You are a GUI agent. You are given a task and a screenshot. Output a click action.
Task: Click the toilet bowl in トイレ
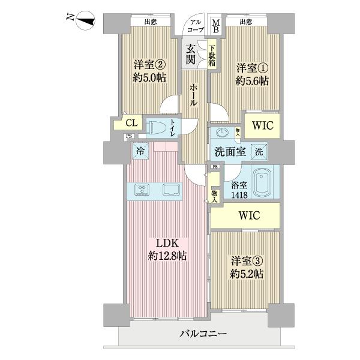(x=157, y=128)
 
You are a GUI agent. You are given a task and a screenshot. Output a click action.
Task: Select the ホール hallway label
(x=194, y=95)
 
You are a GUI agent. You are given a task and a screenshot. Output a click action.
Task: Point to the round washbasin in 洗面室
(x=223, y=133)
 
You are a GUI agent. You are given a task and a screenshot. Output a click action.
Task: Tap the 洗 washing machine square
(x=259, y=151)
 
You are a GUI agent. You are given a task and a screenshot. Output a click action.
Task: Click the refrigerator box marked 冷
(x=140, y=152)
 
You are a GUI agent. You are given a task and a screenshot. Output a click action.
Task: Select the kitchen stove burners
(x=143, y=190)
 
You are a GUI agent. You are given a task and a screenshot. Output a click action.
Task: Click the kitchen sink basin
(x=170, y=190)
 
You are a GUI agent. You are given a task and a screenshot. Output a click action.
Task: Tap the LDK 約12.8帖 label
(x=166, y=250)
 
